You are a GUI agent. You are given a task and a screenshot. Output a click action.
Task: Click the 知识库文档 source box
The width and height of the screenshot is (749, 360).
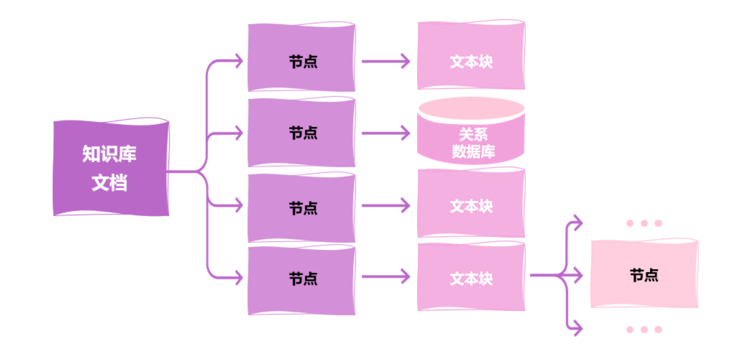point(111,167)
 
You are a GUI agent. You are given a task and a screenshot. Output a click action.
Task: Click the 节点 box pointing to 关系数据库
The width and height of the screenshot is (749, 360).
point(301,133)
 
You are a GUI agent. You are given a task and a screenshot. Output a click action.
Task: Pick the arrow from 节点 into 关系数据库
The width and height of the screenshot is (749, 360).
point(385,133)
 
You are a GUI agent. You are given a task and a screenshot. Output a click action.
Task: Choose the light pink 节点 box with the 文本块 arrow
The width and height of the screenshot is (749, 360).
point(644,274)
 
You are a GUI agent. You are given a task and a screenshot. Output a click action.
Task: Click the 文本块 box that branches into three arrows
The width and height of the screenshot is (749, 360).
point(471,277)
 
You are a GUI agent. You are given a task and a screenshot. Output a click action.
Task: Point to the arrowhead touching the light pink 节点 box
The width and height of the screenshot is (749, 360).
point(577,275)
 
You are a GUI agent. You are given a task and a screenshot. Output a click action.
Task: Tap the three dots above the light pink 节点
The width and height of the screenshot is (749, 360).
point(644,223)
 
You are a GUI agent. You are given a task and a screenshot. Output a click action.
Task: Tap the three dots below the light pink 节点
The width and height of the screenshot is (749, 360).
point(644,330)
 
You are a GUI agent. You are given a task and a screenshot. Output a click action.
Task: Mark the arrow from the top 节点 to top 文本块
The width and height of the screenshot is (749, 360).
point(385,61)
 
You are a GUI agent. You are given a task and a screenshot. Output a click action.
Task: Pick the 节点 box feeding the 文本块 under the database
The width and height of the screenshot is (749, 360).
point(301,208)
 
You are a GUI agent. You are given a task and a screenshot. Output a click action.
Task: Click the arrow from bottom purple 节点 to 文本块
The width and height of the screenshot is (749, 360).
point(385,277)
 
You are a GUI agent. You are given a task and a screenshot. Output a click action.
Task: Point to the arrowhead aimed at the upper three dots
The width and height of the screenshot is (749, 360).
point(577,223)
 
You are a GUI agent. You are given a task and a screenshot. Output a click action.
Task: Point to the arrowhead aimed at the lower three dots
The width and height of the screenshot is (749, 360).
point(577,329)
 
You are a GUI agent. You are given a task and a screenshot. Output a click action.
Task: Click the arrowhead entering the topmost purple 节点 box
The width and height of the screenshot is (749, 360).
point(238,61)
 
